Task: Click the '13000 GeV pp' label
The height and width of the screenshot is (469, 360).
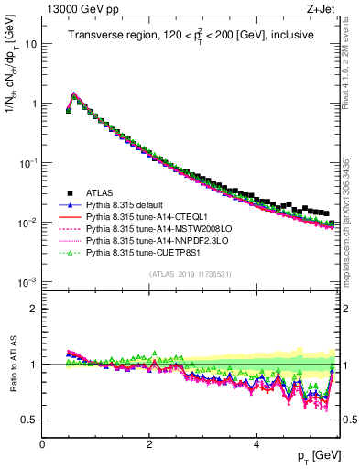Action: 76,9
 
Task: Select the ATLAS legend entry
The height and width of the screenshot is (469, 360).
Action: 102,193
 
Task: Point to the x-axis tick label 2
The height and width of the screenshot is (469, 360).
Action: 149,443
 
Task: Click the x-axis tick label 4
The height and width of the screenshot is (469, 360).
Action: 256,443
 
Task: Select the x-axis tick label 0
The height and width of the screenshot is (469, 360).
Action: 42,443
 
